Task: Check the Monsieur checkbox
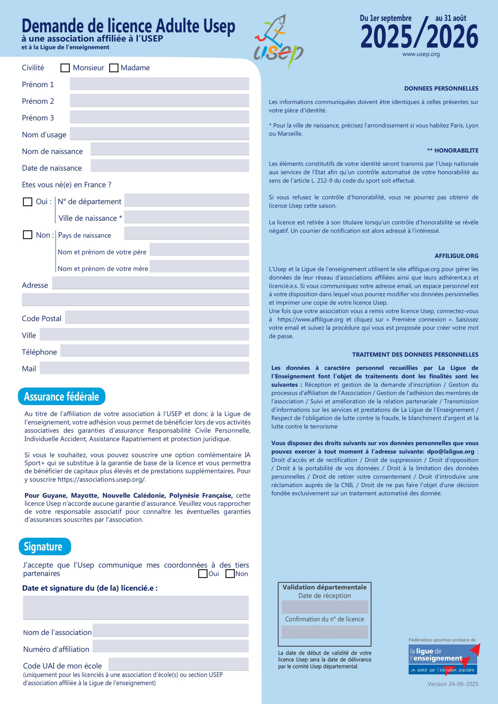pyautogui.click(x=65, y=68)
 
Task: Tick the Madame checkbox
pyautogui.click(x=114, y=68)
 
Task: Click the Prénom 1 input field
pyautogui.click(x=159, y=84)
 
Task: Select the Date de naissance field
pyautogui.click(x=170, y=166)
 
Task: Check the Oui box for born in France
pyautogui.click(x=28, y=202)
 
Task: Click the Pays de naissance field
pyautogui.click(x=186, y=233)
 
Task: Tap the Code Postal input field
pyautogui.click(x=157, y=317)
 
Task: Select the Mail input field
pyautogui.click(x=144, y=368)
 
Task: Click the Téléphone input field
pyautogui.click(x=154, y=351)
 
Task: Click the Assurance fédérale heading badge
pyautogui.click(x=62, y=396)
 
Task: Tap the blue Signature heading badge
pyautogui.click(x=45, y=546)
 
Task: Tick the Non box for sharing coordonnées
pyautogui.click(x=230, y=574)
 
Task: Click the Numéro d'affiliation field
pyautogui.click(x=170, y=646)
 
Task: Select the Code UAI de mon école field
pyautogui.click(x=178, y=664)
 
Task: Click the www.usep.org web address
pyautogui.click(x=421, y=54)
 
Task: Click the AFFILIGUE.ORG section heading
pyautogui.click(x=456, y=256)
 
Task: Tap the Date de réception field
pyautogui.click(x=325, y=607)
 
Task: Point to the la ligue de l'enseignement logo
pyautogui.click(x=443, y=658)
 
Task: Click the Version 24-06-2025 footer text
pyautogui.click(x=453, y=684)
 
